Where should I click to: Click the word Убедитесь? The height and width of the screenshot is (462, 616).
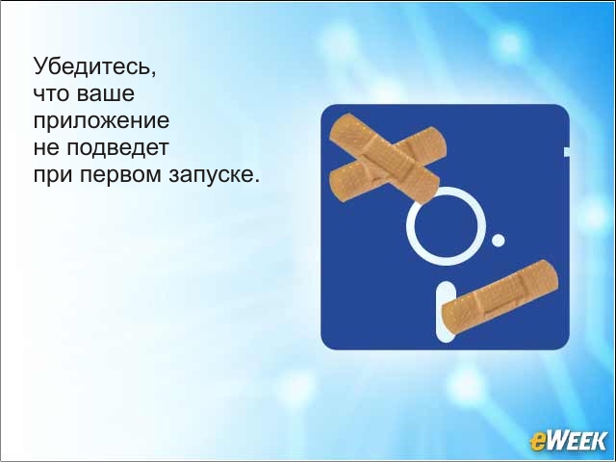coord(92,66)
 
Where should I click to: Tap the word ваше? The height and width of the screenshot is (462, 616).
coord(105,93)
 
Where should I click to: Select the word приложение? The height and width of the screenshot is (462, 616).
coord(101,121)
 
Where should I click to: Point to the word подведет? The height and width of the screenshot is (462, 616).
coord(117,148)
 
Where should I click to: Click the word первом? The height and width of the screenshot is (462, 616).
coord(121,175)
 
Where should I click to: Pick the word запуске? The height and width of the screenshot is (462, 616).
coord(211,175)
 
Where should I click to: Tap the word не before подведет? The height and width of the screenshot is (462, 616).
coord(46,148)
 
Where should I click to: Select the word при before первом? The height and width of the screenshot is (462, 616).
coord(53,175)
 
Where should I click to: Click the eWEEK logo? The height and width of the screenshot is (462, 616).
coord(568,441)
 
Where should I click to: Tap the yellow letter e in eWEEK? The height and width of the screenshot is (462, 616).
coord(537,442)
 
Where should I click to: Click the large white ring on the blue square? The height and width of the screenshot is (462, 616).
coord(446,192)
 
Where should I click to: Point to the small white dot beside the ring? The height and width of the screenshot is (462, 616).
coord(499,240)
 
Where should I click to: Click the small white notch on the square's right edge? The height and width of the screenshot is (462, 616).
coord(567,151)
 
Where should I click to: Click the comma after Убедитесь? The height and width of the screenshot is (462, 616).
coord(153,74)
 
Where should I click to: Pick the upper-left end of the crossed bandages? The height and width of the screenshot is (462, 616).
coord(339,126)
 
